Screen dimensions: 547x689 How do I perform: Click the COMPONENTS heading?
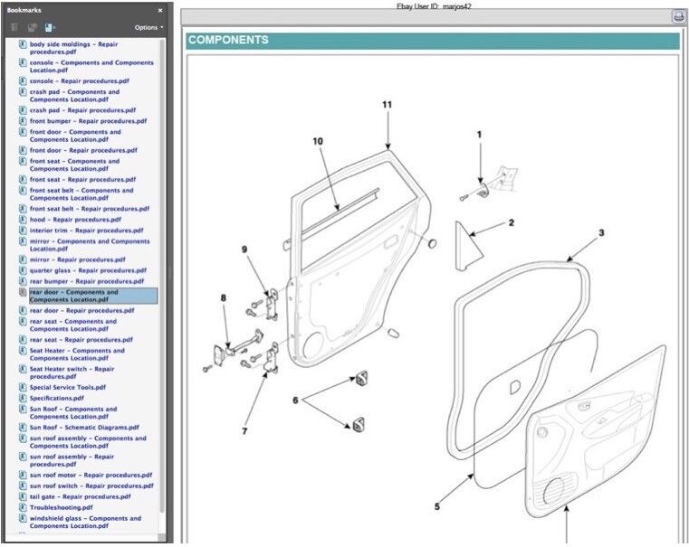click(x=228, y=41)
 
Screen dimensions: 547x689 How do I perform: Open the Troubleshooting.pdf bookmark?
click(x=61, y=507)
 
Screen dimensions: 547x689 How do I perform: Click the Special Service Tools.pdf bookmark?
click(x=67, y=387)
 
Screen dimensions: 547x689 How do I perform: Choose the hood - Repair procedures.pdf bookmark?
click(x=74, y=219)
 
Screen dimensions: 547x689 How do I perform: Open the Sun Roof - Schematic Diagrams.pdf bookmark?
click(x=84, y=427)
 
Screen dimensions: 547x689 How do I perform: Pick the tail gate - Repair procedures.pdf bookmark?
click(x=80, y=496)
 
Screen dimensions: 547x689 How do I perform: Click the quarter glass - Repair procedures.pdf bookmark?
click(x=88, y=270)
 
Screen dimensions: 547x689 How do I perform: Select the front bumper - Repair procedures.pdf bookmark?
click(x=88, y=120)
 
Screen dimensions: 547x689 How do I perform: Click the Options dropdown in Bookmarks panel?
click(x=148, y=27)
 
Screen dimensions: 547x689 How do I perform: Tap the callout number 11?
click(x=388, y=105)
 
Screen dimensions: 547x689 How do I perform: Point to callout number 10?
click(x=318, y=141)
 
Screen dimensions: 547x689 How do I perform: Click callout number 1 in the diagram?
click(x=480, y=135)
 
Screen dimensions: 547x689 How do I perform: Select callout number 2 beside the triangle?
click(x=511, y=222)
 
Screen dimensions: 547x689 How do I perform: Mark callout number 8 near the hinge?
click(x=224, y=297)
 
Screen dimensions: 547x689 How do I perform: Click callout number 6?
click(x=295, y=399)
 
